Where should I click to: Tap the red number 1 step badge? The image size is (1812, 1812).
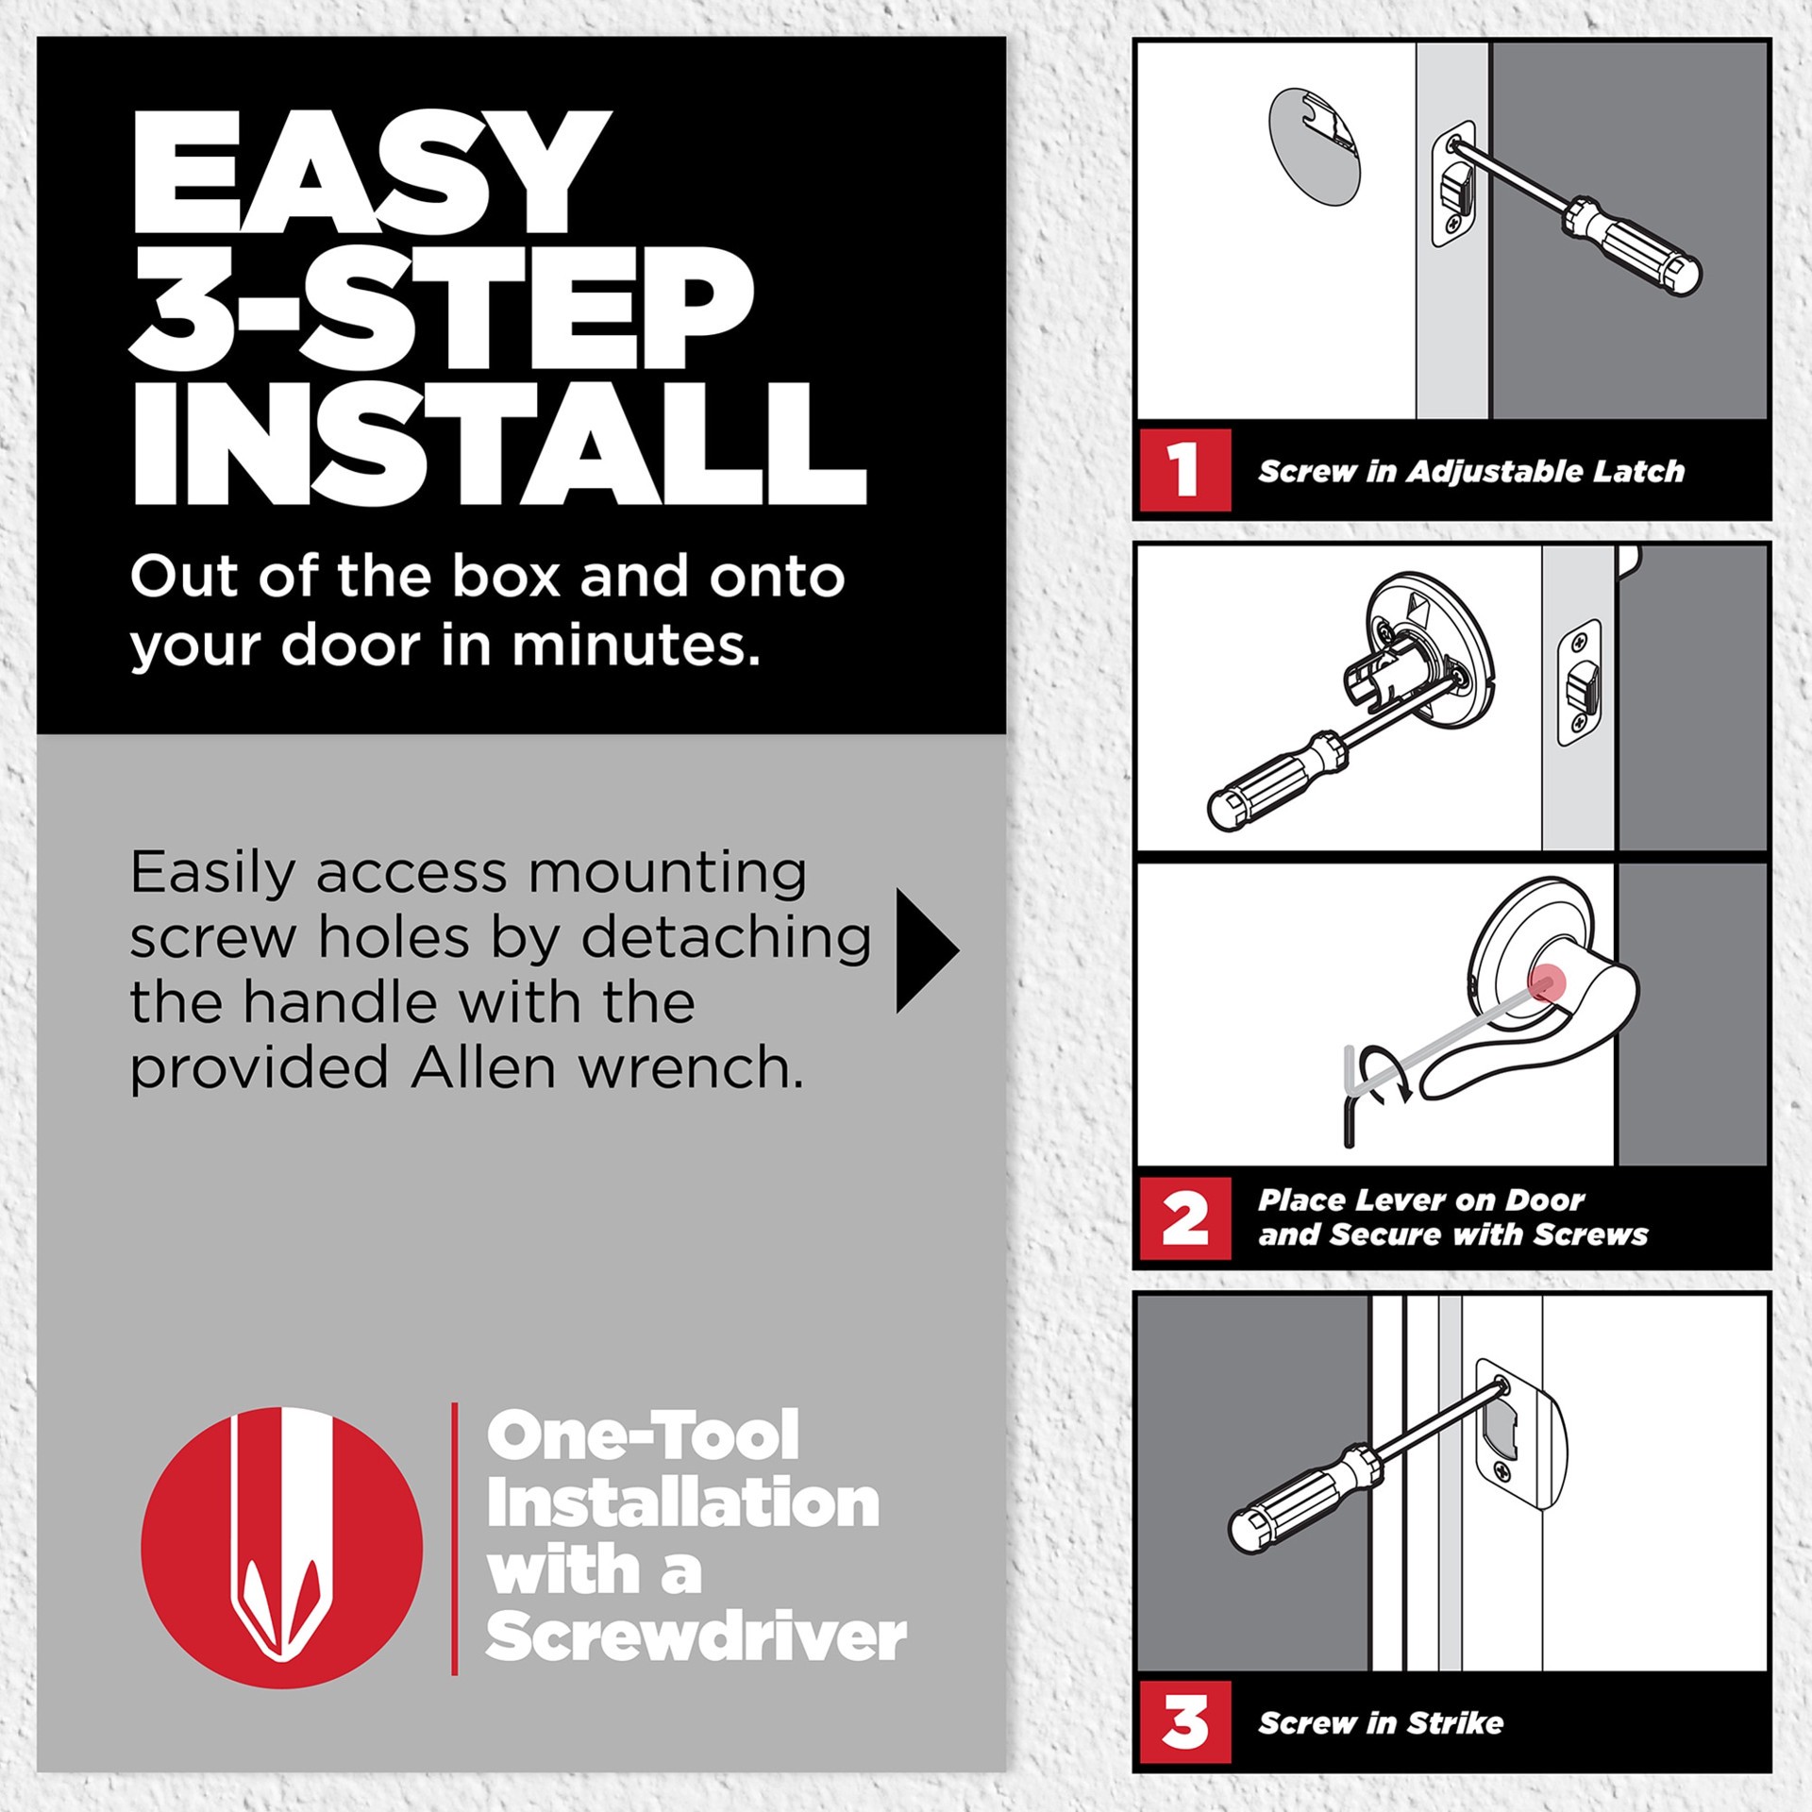[1183, 469]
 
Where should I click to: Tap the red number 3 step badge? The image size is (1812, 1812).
[1184, 1721]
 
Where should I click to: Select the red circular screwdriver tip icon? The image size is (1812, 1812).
[281, 1548]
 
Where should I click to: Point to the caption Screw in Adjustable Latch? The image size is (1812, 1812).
[1470, 471]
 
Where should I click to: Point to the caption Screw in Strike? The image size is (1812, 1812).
[1380, 1722]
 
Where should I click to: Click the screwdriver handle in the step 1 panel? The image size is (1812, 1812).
[1642, 248]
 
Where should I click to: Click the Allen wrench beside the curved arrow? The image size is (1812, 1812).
[1350, 1095]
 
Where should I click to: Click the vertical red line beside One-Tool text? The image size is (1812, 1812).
[455, 1538]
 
